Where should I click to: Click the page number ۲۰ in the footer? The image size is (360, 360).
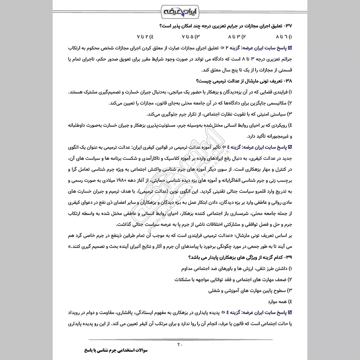pos(180,345)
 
